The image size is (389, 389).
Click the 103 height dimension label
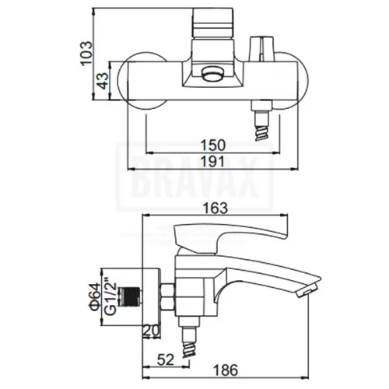click(86, 54)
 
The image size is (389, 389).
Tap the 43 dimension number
click(103, 81)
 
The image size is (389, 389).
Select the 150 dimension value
click(213, 145)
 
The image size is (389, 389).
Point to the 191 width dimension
click(212, 162)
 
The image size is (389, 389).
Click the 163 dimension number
click(216, 208)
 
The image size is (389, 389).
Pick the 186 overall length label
click(226, 370)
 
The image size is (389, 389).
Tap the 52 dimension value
click(166, 359)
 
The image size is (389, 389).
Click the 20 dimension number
click(152, 331)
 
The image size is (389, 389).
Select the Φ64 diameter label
click(94, 296)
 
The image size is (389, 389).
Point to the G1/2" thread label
click(110, 296)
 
